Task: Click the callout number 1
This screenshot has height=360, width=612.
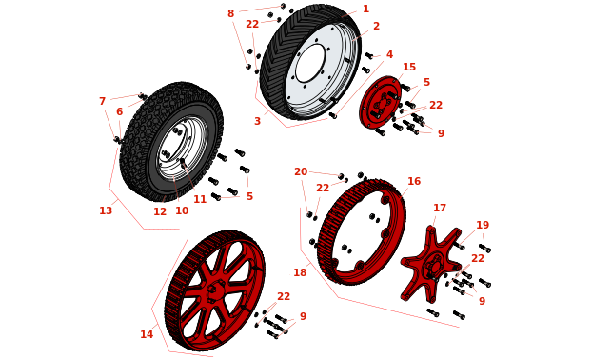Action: [365, 9]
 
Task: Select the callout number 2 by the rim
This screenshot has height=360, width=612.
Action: [376, 26]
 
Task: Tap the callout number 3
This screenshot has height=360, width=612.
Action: [257, 121]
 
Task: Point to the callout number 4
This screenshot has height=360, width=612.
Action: [389, 54]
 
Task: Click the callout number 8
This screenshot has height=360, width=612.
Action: [230, 13]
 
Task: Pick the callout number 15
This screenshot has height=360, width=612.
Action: [409, 68]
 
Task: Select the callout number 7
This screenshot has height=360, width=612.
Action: [102, 102]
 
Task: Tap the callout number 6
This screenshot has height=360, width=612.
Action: [119, 111]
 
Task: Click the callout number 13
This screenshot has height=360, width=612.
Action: [106, 210]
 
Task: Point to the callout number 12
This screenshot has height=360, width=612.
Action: [160, 211]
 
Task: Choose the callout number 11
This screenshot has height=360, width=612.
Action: [200, 199]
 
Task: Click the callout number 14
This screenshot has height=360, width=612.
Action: [147, 334]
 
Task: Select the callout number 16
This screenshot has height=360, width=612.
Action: [414, 181]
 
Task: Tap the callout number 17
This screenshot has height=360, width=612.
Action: [440, 209]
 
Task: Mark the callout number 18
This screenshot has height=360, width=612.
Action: [300, 272]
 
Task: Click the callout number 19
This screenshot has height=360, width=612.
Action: [483, 226]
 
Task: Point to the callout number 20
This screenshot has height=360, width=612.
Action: [301, 171]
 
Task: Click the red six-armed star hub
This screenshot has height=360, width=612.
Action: [432, 264]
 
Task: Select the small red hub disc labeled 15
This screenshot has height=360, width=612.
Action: [380, 102]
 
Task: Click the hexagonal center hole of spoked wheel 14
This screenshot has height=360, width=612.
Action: [212, 290]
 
